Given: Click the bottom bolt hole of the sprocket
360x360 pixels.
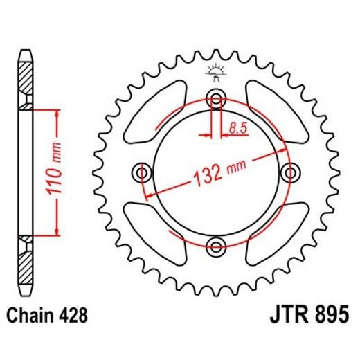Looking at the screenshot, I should point(216,244).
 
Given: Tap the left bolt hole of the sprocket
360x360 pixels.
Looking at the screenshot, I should point(143,172).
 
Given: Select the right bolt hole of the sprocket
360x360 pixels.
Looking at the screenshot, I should point(289,172).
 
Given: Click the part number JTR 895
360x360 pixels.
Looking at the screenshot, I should point(302,316).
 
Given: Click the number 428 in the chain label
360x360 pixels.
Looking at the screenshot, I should point(73,316).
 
